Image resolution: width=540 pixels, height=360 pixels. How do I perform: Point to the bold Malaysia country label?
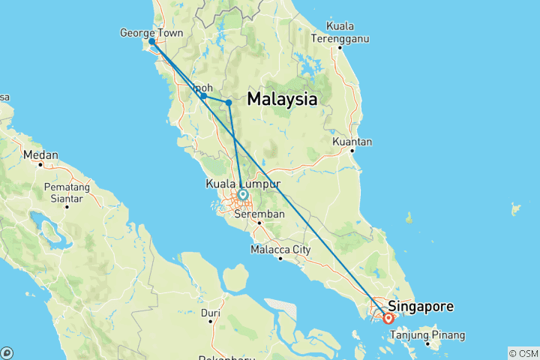coord(282,99)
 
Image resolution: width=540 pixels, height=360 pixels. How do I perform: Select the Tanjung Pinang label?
coord(433,334)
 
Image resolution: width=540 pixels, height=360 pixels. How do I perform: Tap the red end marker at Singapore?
coord(388,318)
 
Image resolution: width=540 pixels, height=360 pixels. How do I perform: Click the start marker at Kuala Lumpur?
coord(242,195)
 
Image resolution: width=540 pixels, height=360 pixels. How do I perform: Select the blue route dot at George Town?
coord(152,42)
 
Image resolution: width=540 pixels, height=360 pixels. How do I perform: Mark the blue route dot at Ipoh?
coord(203,95)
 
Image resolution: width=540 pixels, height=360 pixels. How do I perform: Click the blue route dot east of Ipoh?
coord(229,103)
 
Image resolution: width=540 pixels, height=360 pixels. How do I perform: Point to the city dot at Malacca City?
coord(280,259)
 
